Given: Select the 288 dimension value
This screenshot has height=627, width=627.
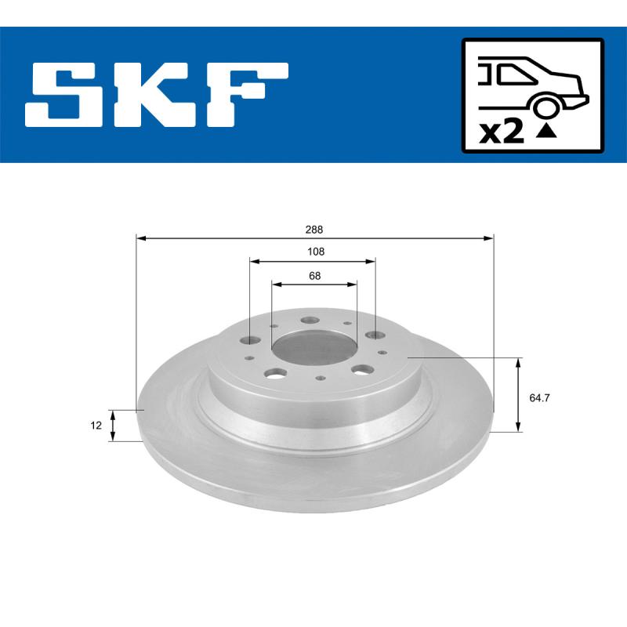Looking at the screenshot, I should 314,230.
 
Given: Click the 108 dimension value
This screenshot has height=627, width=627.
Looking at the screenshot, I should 314,252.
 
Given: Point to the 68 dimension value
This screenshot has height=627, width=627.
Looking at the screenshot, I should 314,276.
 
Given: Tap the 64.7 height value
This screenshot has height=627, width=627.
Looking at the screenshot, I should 538,398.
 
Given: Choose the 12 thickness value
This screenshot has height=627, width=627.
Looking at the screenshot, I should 96,426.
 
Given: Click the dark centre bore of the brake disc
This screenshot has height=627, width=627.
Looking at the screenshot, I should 313,345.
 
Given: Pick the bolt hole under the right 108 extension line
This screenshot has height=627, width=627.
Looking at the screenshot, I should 375,335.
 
